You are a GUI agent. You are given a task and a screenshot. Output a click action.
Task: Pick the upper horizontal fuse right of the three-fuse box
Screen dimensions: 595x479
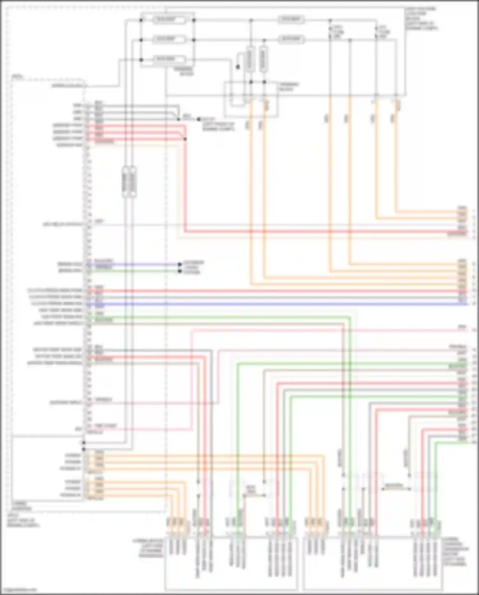291,20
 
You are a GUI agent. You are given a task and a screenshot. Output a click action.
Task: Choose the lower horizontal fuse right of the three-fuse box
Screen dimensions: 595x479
291,40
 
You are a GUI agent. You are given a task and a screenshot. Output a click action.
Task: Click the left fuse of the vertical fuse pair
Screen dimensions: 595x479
250,59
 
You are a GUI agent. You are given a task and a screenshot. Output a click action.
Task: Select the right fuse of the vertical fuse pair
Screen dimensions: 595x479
263,59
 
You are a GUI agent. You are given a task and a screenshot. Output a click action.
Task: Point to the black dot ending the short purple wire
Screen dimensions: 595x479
180,264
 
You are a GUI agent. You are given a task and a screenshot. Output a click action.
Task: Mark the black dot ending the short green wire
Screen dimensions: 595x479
180,271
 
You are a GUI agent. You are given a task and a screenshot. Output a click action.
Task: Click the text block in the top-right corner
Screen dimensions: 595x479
422,19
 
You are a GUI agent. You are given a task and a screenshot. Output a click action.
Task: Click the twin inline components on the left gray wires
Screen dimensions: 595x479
129,182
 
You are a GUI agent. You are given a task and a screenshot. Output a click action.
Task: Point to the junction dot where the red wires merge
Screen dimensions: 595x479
185,139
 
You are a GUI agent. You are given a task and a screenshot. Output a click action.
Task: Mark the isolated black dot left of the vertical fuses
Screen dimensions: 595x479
238,67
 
